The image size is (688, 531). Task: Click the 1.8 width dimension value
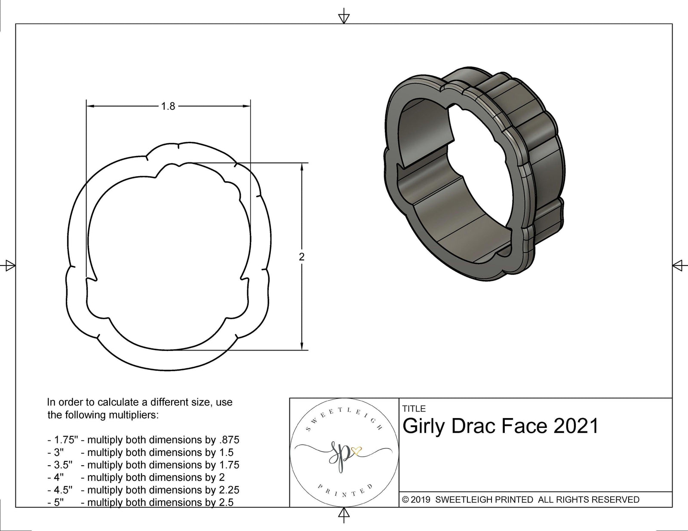click(x=168, y=106)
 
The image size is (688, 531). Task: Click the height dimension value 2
click(x=301, y=257)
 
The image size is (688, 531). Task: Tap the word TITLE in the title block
click(x=414, y=409)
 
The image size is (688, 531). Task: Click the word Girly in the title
click(x=423, y=427)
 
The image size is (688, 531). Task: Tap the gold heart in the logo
click(x=357, y=451)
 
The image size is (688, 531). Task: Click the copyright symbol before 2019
click(x=405, y=500)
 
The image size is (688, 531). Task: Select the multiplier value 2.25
click(x=228, y=490)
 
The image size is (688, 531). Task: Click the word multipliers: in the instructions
click(x=133, y=415)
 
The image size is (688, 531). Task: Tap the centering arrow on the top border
click(x=344, y=18)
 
